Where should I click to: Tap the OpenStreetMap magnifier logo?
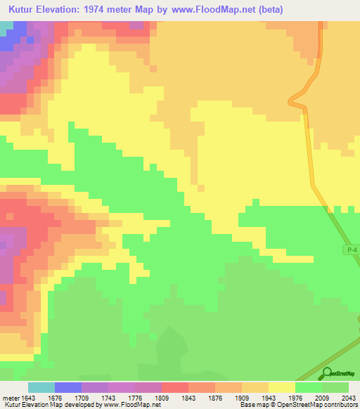[327, 373]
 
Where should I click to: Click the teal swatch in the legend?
[41, 387]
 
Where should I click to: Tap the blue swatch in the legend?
[68, 387]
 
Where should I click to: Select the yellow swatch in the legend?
[282, 387]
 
